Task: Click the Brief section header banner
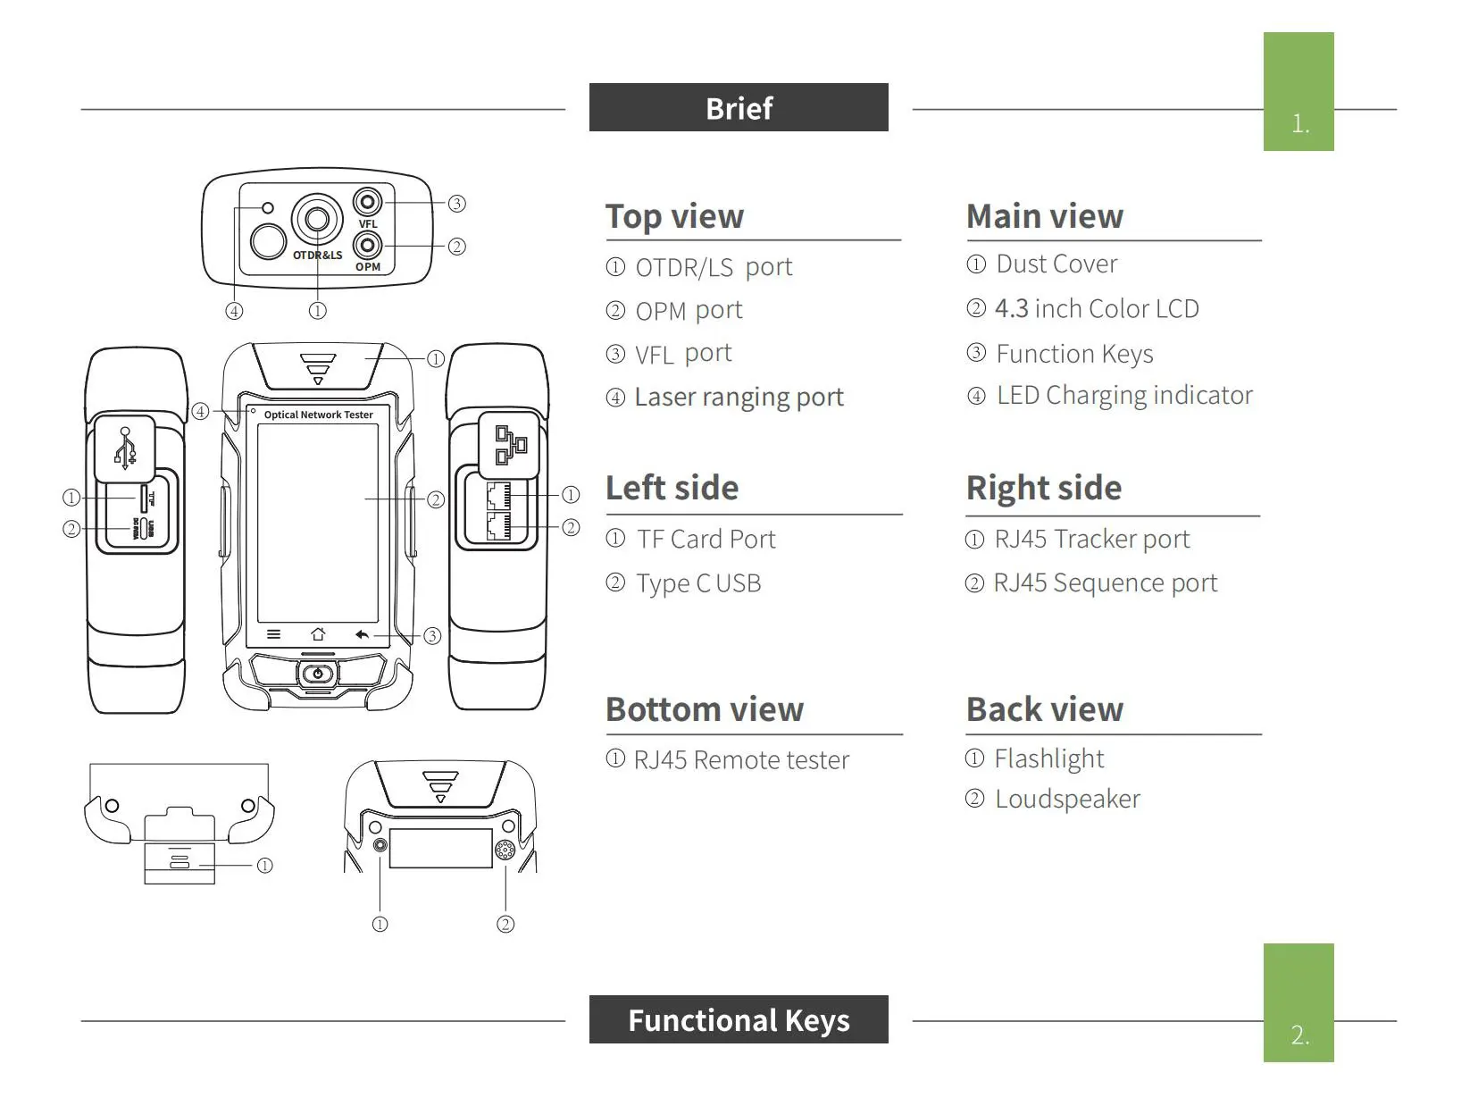pos(739,107)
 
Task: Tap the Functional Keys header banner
pos(739,1019)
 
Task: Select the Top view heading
pos(674,217)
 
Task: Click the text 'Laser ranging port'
pos(739,397)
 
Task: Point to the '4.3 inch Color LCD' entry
pos(1097,308)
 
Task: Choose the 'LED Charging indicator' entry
pos(1124,396)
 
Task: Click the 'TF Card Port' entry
pos(706,539)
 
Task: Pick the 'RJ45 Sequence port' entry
pos(1106,582)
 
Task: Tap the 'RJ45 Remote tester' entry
pos(741,759)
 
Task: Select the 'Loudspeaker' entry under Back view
pos(1067,799)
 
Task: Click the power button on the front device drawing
pos(318,673)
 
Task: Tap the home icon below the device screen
pos(318,633)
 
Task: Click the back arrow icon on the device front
pos(363,634)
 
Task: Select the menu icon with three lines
pos(273,634)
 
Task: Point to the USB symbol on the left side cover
pos(125,448)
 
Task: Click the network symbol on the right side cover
pos(511,445)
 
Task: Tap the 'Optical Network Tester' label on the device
pos(318,415)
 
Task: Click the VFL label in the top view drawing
pos(368,224)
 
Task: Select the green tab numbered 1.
pos(1298,92)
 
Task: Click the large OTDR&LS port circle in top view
pos(317,219)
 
